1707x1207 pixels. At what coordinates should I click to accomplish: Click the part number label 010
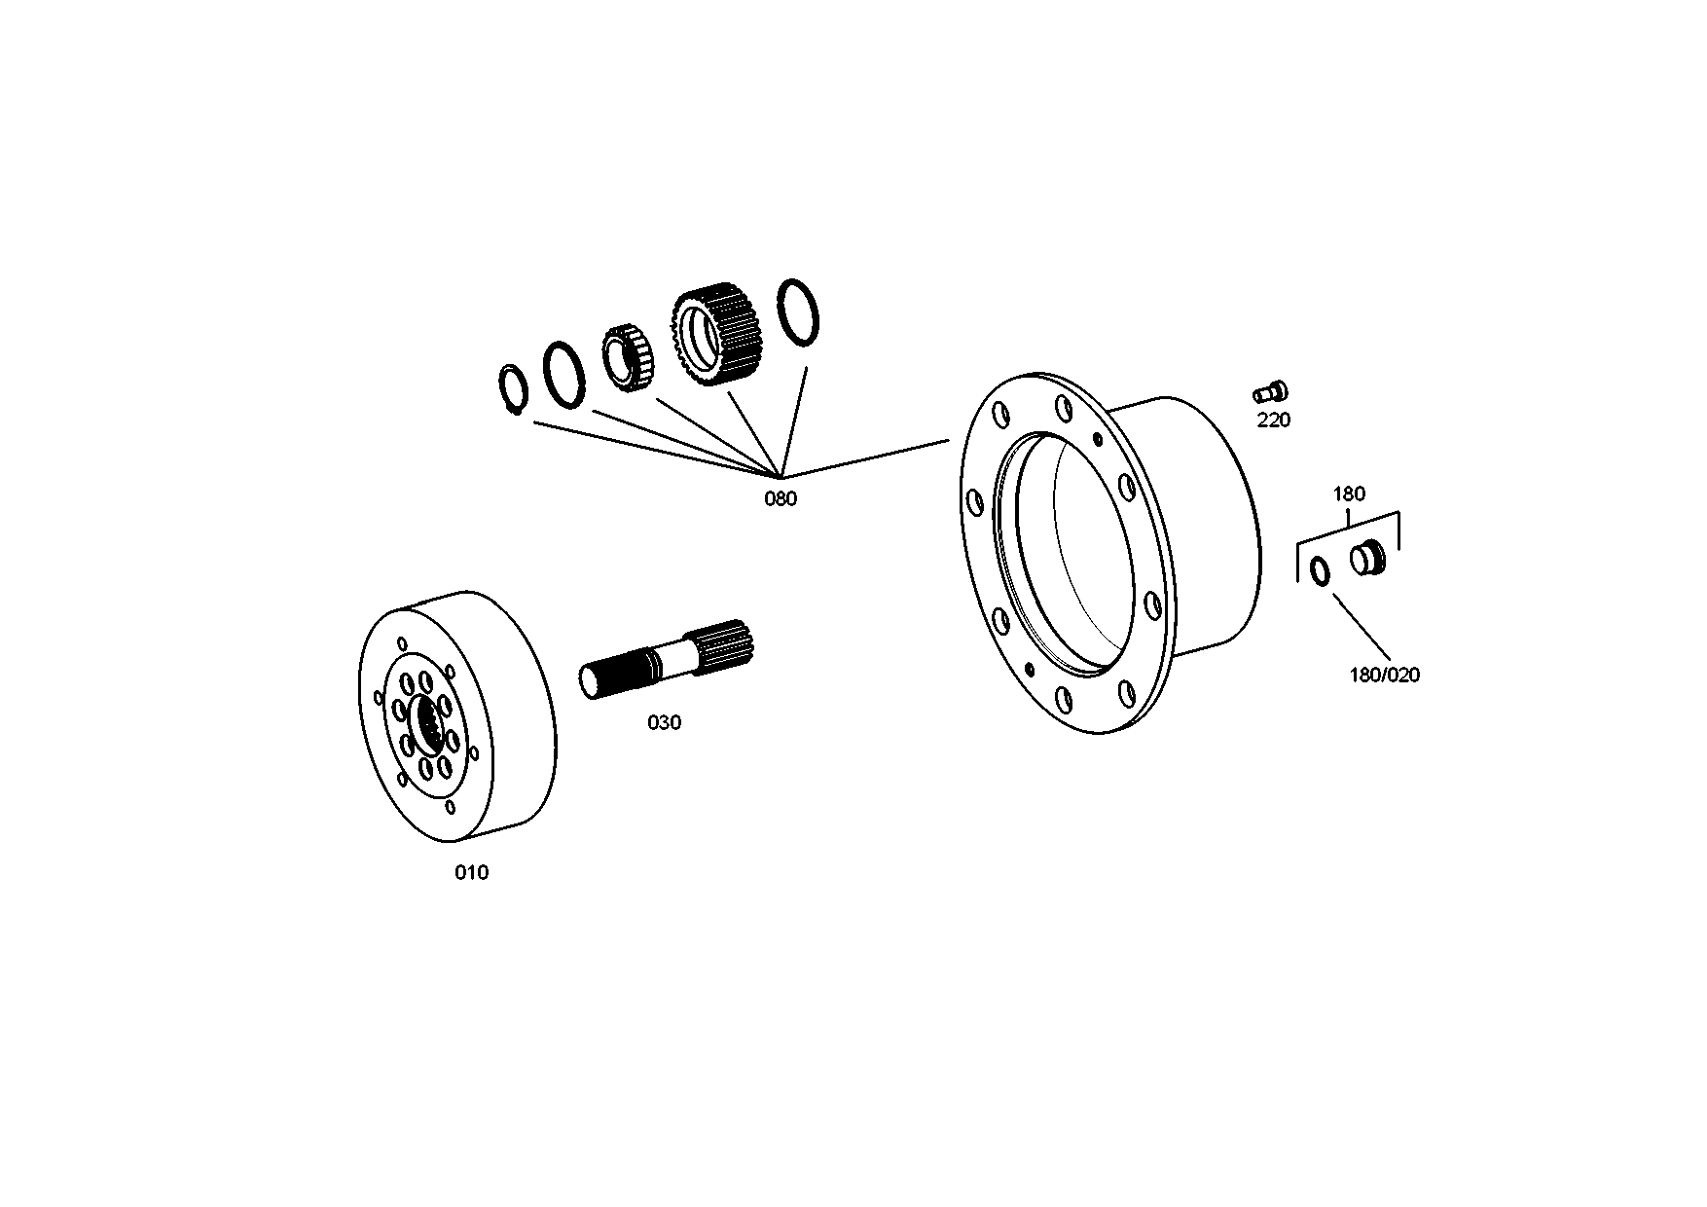[472, 873]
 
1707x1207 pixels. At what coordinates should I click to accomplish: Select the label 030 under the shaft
[665, 723]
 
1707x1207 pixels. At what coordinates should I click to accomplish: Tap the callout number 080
[781, 499]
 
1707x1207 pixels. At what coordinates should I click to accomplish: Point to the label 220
[1273, 421]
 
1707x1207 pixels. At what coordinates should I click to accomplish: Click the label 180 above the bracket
[1349, 494]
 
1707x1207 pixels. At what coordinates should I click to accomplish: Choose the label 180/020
[1384, 675]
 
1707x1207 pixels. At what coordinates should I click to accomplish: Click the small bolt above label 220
[1269, 392]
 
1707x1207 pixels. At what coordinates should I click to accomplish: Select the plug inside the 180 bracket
[1367, 560]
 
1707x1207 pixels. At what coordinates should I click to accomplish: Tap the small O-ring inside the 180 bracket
[1321, 572]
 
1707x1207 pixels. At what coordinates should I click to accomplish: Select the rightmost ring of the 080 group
[799, 311]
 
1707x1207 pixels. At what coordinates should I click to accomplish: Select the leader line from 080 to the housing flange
[866, 457]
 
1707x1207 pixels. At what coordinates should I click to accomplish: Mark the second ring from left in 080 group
[563, 374]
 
